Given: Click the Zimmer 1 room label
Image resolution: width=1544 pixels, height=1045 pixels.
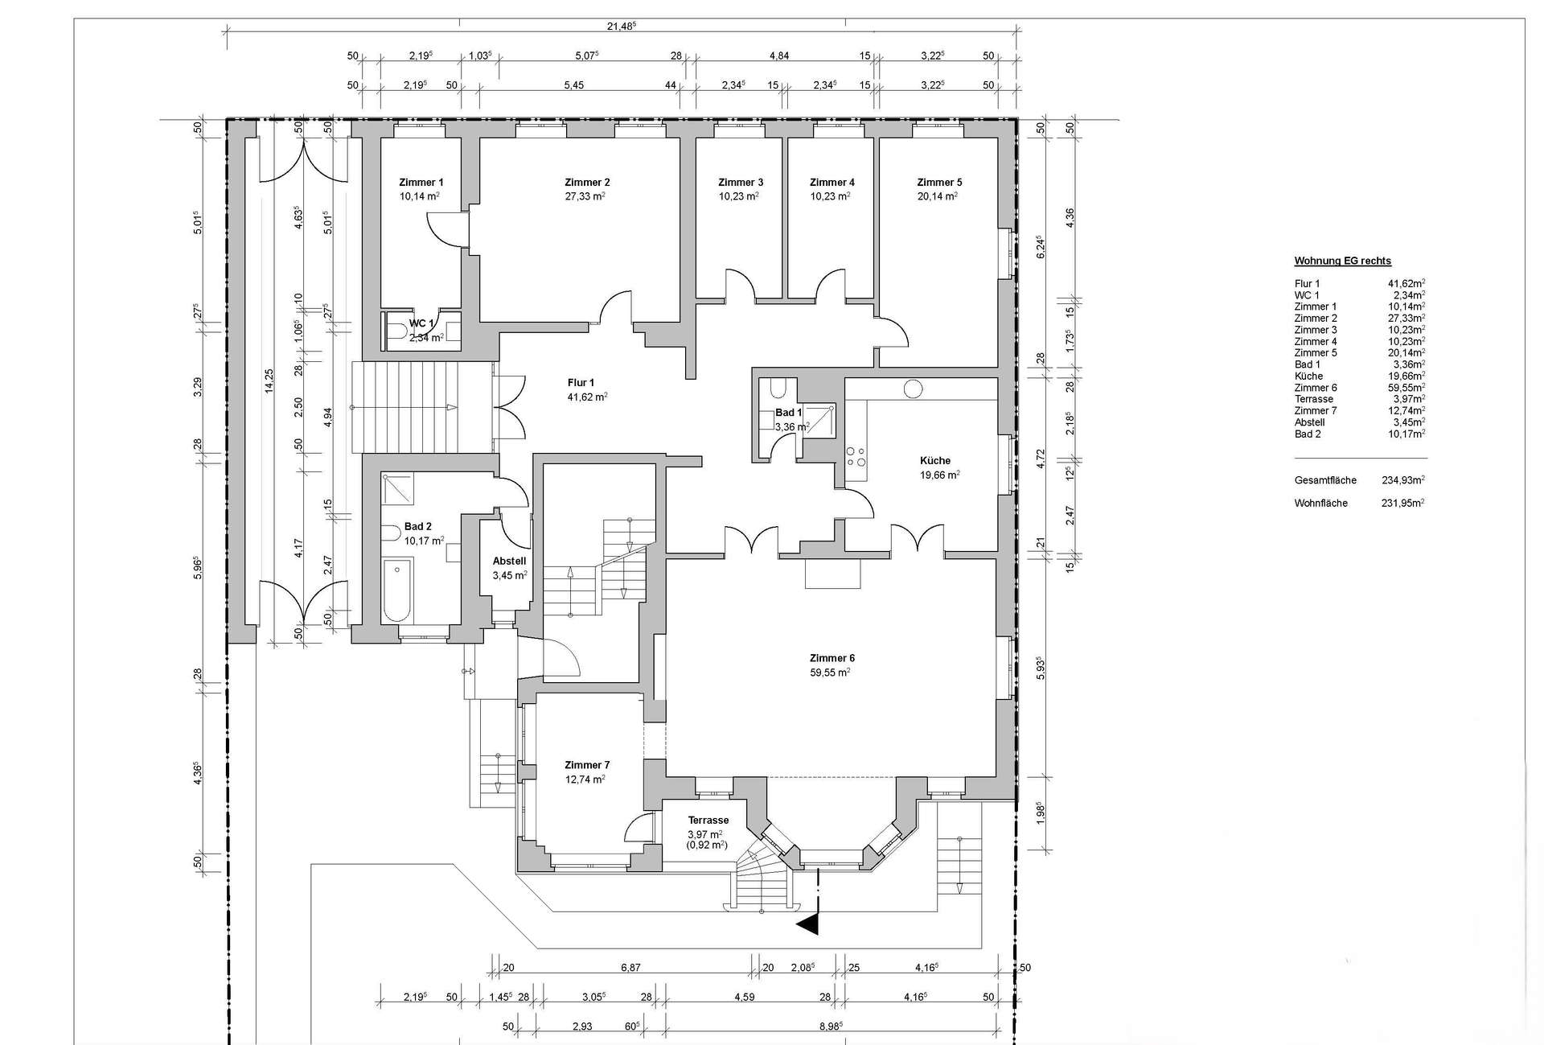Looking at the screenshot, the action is (421, 183).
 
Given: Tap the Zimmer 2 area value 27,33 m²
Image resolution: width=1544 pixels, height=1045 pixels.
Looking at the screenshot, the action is (585, 196).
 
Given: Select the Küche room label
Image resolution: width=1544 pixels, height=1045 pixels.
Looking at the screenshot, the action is (935, 461).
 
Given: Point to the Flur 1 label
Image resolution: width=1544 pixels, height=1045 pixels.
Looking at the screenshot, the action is (581, 383).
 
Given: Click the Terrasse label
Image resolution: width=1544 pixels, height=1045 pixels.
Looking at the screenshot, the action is (708, 821).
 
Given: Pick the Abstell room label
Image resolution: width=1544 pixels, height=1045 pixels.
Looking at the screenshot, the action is (509, 562).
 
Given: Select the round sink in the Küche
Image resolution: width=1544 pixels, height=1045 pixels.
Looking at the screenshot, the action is (913, 389).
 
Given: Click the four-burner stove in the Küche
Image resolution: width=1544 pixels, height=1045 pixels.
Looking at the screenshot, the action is (856, 457).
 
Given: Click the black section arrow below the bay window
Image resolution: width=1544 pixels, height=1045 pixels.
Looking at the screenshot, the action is (808, 925).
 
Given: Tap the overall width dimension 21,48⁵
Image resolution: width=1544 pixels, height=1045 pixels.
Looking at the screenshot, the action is (622, 26).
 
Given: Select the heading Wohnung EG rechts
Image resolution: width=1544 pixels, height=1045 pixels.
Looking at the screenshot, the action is (1342, 261).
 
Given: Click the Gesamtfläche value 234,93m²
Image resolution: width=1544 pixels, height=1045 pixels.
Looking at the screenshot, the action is (1403, 480).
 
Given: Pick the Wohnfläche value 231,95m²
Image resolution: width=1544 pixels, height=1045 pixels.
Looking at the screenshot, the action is (1403, 503).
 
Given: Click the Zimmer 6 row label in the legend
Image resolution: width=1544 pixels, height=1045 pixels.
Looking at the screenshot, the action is (1316, 388).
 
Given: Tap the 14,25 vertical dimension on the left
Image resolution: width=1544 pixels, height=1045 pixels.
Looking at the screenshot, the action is (269, 381).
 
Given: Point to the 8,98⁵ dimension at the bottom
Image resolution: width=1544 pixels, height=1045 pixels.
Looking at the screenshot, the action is (832, 1026).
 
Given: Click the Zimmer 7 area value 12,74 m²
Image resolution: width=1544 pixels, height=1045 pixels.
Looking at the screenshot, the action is (585, 780).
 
